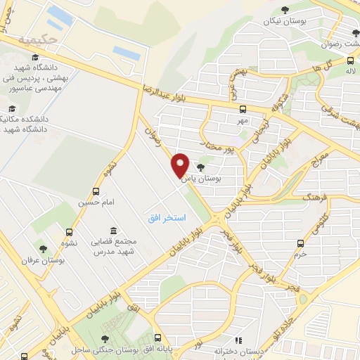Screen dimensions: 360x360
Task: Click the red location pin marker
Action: pos(181,165)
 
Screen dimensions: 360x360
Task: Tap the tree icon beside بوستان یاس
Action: pos(202,167)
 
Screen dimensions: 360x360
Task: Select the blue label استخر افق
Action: pos(167,219)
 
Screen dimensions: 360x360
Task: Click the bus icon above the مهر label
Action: pos(243,109)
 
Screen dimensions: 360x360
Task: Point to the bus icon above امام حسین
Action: pos(96,191)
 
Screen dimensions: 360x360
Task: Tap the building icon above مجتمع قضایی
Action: pos(112,230)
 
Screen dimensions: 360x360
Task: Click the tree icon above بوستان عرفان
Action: pos(44,249)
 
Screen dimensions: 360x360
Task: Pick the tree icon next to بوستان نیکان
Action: pos(284,10)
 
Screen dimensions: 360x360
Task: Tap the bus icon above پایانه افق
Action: pos(159,338)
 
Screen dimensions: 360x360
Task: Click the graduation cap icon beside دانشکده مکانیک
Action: pos(11,110)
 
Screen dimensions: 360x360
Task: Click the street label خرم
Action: pos(302,255)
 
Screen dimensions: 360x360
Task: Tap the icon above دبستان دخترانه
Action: pos(237,340)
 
